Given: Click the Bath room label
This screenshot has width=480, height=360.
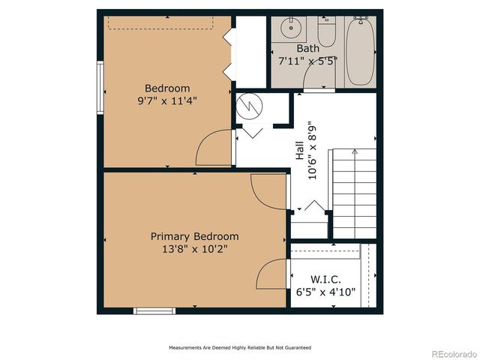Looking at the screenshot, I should tap(307, 49).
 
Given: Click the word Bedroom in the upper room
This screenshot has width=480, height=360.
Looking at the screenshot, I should tap(167, 88).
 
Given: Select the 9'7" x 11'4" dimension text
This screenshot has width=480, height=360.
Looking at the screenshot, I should tap(167, 100).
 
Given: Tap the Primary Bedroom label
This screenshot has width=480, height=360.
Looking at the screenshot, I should tap(194, 236).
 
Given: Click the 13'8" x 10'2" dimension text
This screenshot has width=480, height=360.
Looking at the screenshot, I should tap(194, 249).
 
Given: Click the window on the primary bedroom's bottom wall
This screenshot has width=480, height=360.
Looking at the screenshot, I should tap(154, 310).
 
